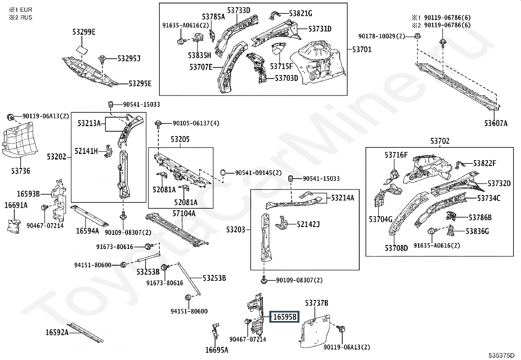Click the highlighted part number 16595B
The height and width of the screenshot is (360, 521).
click(284, 317)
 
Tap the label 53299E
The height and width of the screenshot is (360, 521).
click(84, 32)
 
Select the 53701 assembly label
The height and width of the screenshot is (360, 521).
click(362, 49)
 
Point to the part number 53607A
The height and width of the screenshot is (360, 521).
click(496, 123)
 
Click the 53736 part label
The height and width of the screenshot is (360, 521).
click(21, 171)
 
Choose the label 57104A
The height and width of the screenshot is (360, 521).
click(184, 213)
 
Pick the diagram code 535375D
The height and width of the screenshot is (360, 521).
click(501, 355)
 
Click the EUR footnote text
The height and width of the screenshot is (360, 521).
click(26, 10)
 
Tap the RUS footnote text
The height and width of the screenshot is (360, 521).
click(26, 17)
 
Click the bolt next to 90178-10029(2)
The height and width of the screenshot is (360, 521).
click(418, 36)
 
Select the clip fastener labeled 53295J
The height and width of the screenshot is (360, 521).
click(102, 59)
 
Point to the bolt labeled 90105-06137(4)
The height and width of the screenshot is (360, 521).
click(158, 124)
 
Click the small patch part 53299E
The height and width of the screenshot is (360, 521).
click(82, 50)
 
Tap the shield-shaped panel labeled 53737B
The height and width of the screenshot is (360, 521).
click(314, 331)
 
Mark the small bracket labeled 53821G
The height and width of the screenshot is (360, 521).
click(275, 15)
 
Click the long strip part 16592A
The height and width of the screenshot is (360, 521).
click(85, 332)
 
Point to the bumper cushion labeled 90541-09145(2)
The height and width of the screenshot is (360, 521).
click(223, 173)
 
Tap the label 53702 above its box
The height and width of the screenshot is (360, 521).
click(440, 141)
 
